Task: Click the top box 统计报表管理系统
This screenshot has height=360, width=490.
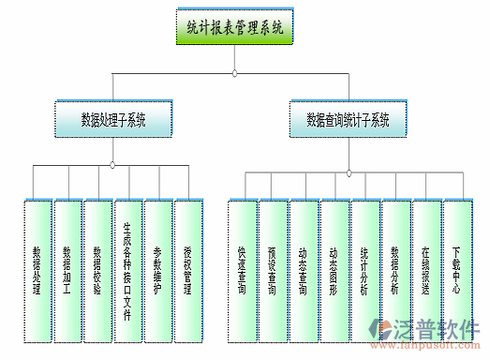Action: pyautogui.click(x=234, y=28)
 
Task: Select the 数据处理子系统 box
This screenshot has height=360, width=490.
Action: pyautogui.click(x=112, y=120)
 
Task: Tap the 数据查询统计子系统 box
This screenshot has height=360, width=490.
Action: pyautogui.click(x=348, y=120)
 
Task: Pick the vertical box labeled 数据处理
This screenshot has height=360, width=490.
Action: pyautogui.click(x=37, y=271)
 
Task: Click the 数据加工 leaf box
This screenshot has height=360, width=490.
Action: pyautogui.click(x=67, y=271)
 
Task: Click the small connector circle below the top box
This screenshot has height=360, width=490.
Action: pyautogui.click(x=234, y=73)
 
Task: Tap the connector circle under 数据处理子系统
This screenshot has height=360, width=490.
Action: pyautogui.click(x=112, y=165)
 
